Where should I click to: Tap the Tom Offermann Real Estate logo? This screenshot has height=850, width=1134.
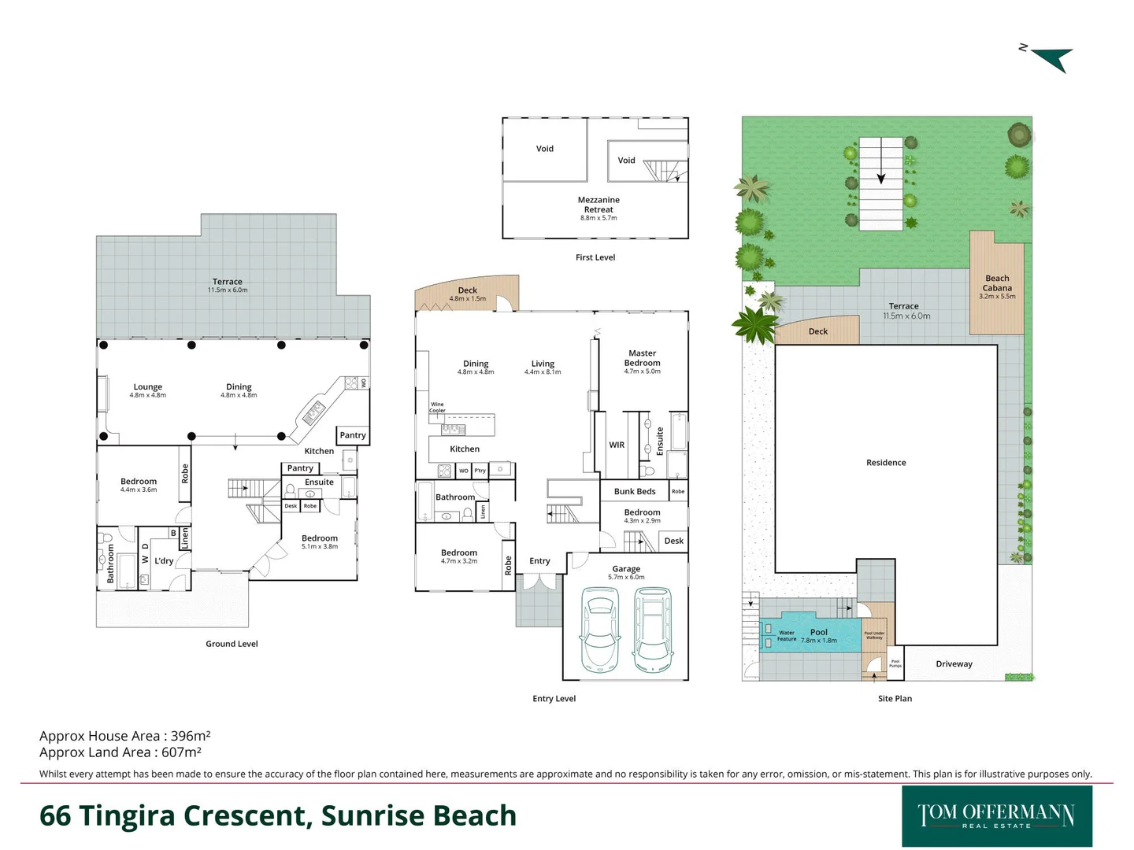click(996, 816)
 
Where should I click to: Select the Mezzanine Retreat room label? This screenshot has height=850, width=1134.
click(598, 205)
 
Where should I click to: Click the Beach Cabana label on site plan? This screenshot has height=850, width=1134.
click(997, 283)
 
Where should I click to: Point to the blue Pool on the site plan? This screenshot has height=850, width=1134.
click(819, 632)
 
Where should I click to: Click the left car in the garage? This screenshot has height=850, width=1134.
click(600, 630)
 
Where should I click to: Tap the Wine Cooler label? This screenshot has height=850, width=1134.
click(437, 407)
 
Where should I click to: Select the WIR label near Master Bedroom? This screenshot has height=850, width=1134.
click(617, 445)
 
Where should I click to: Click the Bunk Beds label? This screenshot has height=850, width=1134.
click(635, 491)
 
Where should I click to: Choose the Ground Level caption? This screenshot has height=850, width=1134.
click(232, 644)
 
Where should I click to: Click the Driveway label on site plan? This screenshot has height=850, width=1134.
click(954, 663)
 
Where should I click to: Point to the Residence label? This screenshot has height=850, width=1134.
click(886, 463)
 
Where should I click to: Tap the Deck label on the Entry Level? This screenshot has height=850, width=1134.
click(468, 290)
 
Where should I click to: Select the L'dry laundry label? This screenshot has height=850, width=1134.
click(164, 561)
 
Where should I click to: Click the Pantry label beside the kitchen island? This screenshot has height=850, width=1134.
click(353, 435)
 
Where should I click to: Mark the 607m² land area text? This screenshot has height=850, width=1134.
click(181, 752)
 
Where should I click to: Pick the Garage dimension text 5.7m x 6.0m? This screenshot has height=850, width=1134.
click(626, 578)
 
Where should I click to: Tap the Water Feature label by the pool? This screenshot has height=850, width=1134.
click(787, 636)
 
